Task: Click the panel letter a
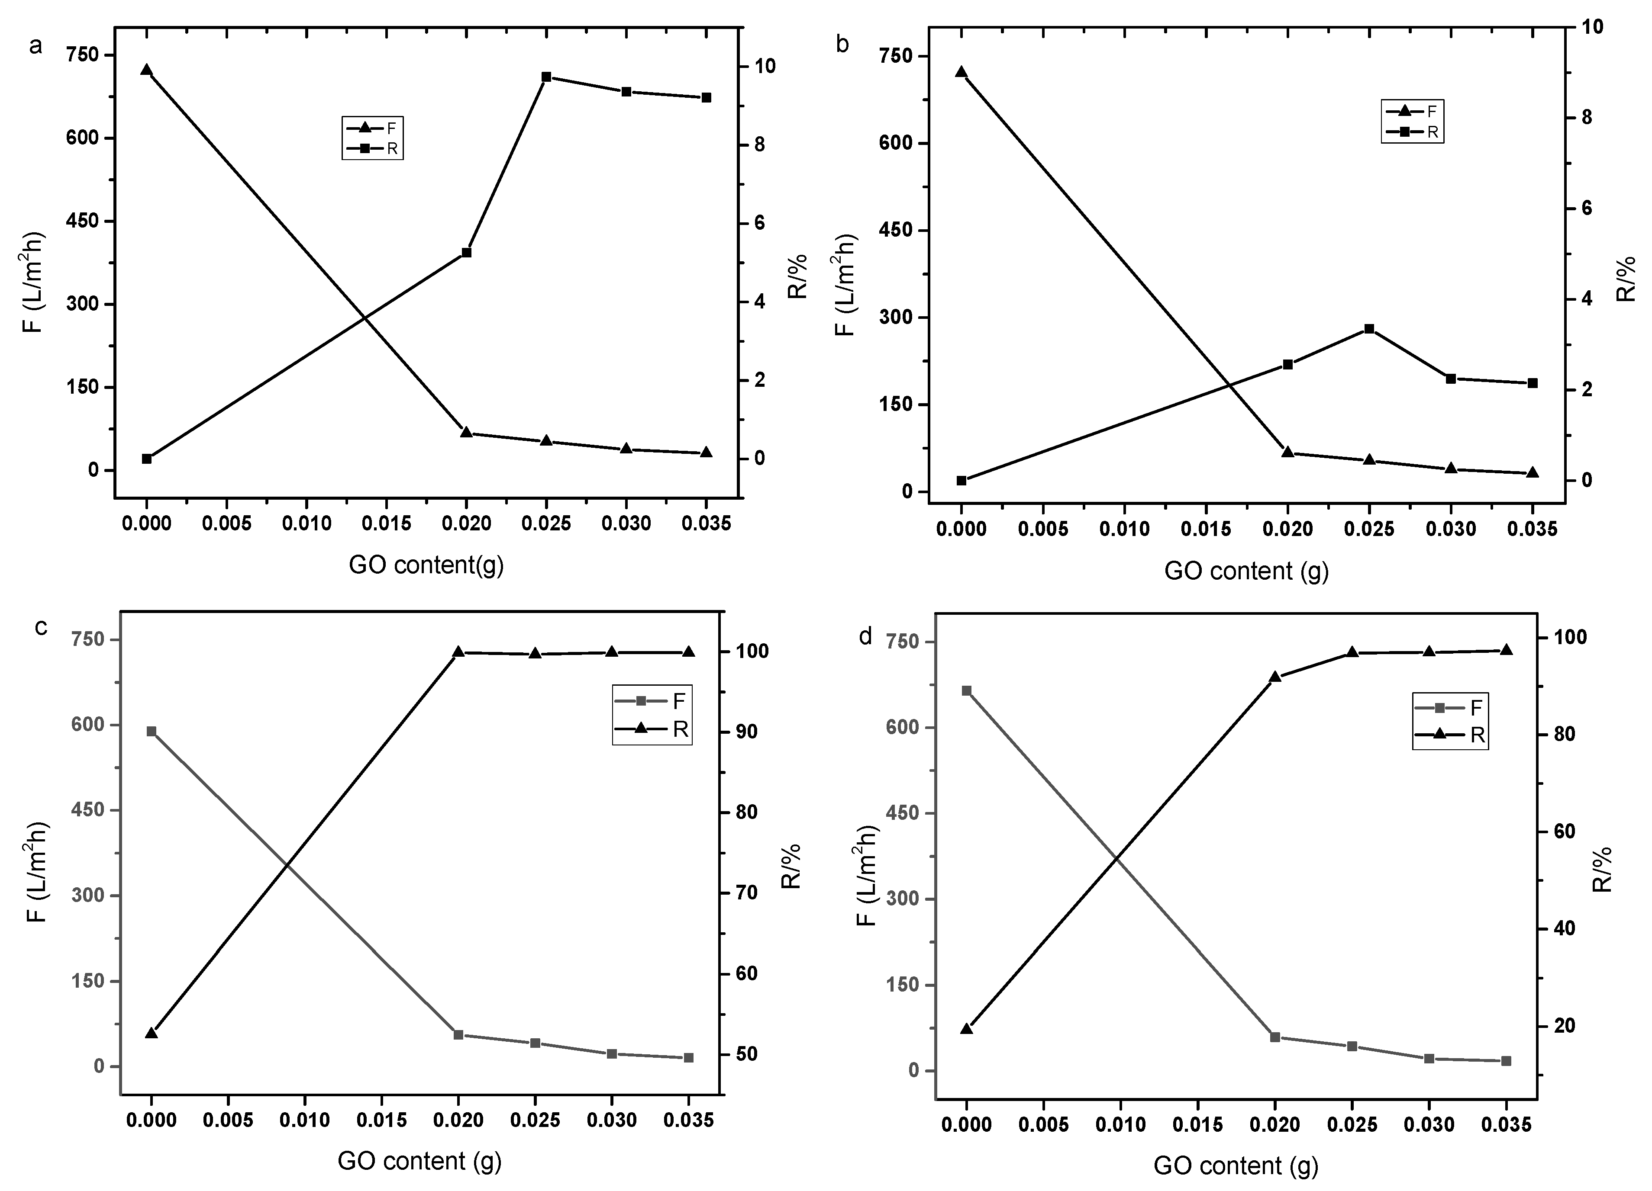click(x=35, y=46)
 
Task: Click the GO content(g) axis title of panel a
click(x=426, y=565)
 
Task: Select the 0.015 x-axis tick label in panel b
click(x=1206, y=529)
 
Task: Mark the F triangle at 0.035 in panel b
click(x=1533, y=472)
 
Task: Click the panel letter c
click(x=42, y=627)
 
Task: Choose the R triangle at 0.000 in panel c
click(x=152, y=1033)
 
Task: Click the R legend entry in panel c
click(x=652, y=729)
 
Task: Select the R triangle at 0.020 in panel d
click(x=1274, y=677)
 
